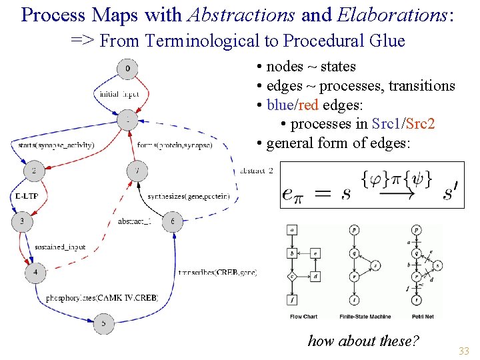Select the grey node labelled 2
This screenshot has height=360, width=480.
[33, 171]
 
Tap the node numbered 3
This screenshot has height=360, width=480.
[22, 221]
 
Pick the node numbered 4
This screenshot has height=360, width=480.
[35, 271]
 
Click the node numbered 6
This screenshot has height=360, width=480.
[173, 221]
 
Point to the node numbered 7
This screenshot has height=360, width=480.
[137, 171]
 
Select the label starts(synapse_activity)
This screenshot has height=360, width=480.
[56, 145]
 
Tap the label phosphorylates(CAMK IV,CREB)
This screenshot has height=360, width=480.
[102, 297]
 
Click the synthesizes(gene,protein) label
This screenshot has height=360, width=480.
[189, 196]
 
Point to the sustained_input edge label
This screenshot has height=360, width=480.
[60, 247]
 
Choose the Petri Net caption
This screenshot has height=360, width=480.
[420, 316]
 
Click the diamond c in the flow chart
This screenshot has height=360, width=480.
[292, 276]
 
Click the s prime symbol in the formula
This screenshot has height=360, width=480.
[450, 193]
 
